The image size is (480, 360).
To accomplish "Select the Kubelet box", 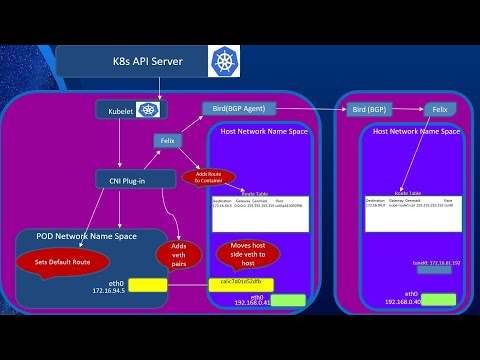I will tap(129, 110).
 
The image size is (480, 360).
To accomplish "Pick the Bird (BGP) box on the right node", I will tap(374, 107).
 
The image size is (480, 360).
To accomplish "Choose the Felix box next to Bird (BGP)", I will tap(437, 107).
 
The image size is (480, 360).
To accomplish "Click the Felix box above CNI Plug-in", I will tap(169, 142).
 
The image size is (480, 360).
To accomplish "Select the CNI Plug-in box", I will tap(122, 180).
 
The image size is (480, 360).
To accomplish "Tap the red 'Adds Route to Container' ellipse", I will tap(208, 177).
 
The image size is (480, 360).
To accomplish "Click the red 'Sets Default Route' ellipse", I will tap(61, 261).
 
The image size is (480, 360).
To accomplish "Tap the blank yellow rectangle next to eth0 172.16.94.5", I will tap(147, 284).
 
